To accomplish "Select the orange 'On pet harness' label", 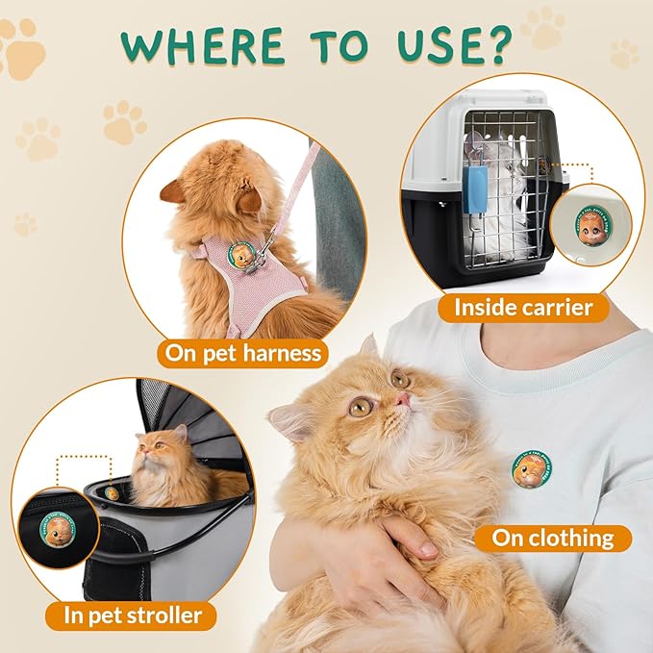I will (244, 353).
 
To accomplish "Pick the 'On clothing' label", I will (552, 538).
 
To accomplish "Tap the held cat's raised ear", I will (369, 345).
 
